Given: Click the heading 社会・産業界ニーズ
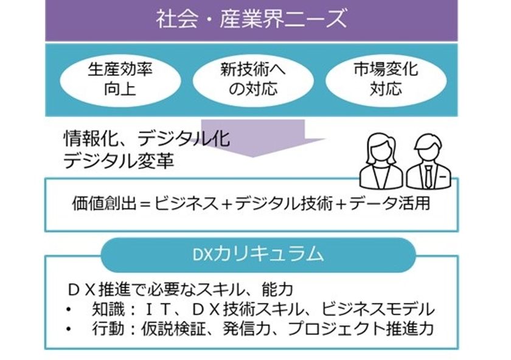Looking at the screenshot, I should point(251,19).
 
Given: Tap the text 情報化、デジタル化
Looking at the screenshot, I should point(147,139).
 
